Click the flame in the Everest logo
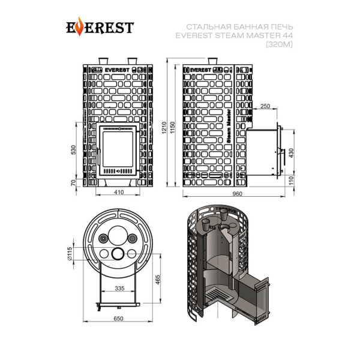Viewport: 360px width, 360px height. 79,26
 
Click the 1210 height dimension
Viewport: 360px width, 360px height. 164,128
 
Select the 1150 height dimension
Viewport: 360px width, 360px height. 173,128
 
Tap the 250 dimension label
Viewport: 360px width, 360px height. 265,106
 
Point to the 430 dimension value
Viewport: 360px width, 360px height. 291,153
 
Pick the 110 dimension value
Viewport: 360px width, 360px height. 291,181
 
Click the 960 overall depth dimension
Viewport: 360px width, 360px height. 238,194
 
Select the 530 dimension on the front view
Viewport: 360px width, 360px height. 73,149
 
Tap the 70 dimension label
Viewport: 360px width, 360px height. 73,183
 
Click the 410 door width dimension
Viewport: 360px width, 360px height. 119,192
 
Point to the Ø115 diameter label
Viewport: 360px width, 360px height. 70,253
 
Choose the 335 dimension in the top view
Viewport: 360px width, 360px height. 119,288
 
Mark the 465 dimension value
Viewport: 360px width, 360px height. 157,280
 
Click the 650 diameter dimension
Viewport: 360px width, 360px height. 118,319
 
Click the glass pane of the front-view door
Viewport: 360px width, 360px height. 118,149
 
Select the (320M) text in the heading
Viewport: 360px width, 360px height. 279,44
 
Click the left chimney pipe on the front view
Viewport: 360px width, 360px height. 104,61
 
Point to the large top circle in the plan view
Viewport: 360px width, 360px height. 118,236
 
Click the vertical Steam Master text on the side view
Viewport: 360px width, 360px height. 229,126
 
